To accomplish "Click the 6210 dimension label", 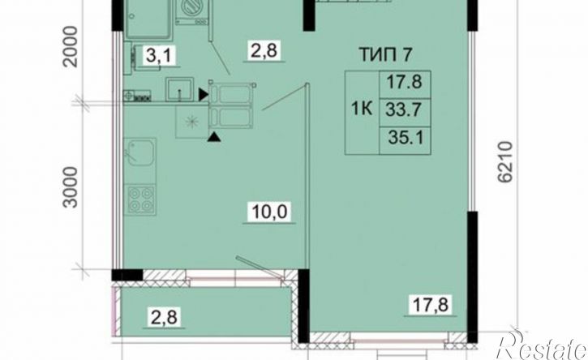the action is point(505,161).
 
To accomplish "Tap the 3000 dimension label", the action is point(71,187).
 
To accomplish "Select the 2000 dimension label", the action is point(71,46).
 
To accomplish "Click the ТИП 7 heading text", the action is point(386,55).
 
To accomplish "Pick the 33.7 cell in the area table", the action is point(404,110).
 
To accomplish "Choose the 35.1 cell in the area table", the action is point(406,138).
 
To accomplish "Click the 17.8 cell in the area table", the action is point(404,82).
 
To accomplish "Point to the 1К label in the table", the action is point(362,109).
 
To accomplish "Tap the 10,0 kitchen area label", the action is point(269,212).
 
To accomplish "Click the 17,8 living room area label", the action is point(430,304).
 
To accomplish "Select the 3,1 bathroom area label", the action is point(159,56).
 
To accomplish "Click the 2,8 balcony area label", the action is point(165,317).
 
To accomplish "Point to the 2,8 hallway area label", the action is point(264,50).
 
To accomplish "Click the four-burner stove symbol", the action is point(140,199).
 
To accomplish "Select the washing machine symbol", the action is point(192,11).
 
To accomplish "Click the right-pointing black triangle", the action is point(204,95).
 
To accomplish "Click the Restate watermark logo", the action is point(542,345).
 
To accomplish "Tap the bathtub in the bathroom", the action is point(148,19).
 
